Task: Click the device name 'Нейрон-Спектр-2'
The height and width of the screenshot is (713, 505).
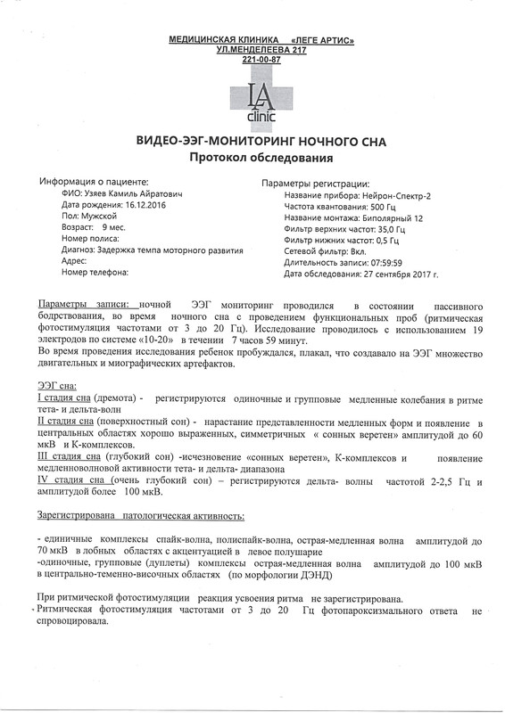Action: point(405,194)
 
